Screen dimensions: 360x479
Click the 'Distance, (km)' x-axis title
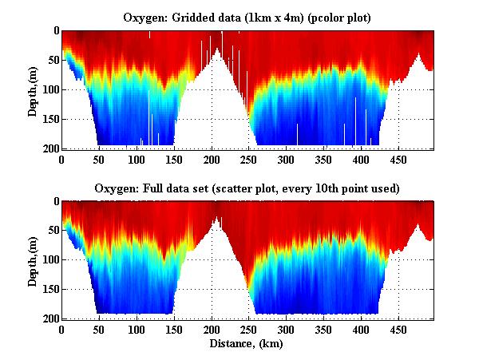click(247, 344)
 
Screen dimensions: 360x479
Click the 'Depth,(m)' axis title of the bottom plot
click(33, 261)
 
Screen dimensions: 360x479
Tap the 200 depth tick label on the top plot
click(49, 149)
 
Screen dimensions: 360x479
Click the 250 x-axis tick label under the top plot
click(212, 160)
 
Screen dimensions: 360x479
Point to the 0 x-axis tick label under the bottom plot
click(62, 330)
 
